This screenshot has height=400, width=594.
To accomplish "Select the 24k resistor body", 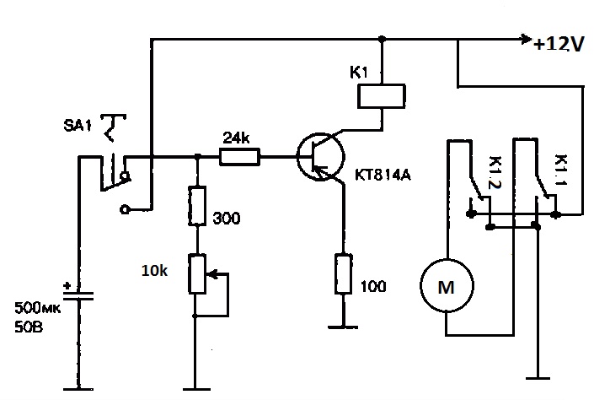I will [x=240, y=155].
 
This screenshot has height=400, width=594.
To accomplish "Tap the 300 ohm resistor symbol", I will [x=196, y=208].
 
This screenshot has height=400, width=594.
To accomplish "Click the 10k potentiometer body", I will [x=196, y=273].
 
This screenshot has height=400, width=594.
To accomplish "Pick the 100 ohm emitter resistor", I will [x=343, y=272].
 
